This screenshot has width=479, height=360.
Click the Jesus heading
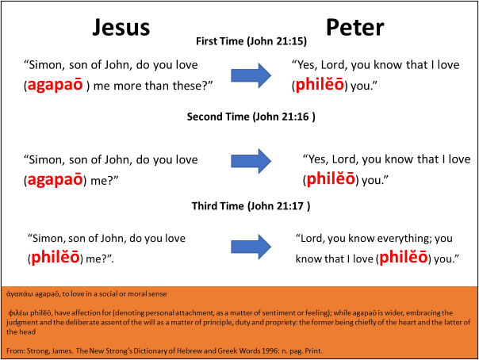121,27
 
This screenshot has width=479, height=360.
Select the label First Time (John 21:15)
251,40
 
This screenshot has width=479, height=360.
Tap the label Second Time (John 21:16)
251,117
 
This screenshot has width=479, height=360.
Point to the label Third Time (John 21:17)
251,207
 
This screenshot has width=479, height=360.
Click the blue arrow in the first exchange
251,75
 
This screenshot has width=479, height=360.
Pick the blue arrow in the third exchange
251,247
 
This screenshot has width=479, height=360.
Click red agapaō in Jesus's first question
57,86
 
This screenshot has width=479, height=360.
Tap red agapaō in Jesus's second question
57,179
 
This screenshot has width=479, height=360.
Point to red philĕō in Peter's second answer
333,179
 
